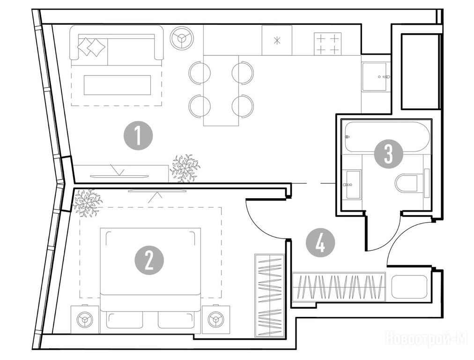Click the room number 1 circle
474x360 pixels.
tap(138, 136)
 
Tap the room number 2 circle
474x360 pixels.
tap(149, 260)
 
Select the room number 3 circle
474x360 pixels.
tap(388, 154)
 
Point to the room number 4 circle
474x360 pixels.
tap(320, 244)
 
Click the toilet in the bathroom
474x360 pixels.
tap(410, 182)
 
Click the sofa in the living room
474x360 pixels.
tap(117, 45)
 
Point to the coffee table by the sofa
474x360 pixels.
tap(117, 85)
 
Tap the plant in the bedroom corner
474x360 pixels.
tap(87, 202)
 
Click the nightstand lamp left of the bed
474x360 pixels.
tap(85, 320)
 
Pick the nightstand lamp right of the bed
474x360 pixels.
tap(216, 320)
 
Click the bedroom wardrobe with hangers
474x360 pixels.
tap(269, 295)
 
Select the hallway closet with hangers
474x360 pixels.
tap(338, 287)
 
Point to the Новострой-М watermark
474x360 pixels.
tap(426, 338)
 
